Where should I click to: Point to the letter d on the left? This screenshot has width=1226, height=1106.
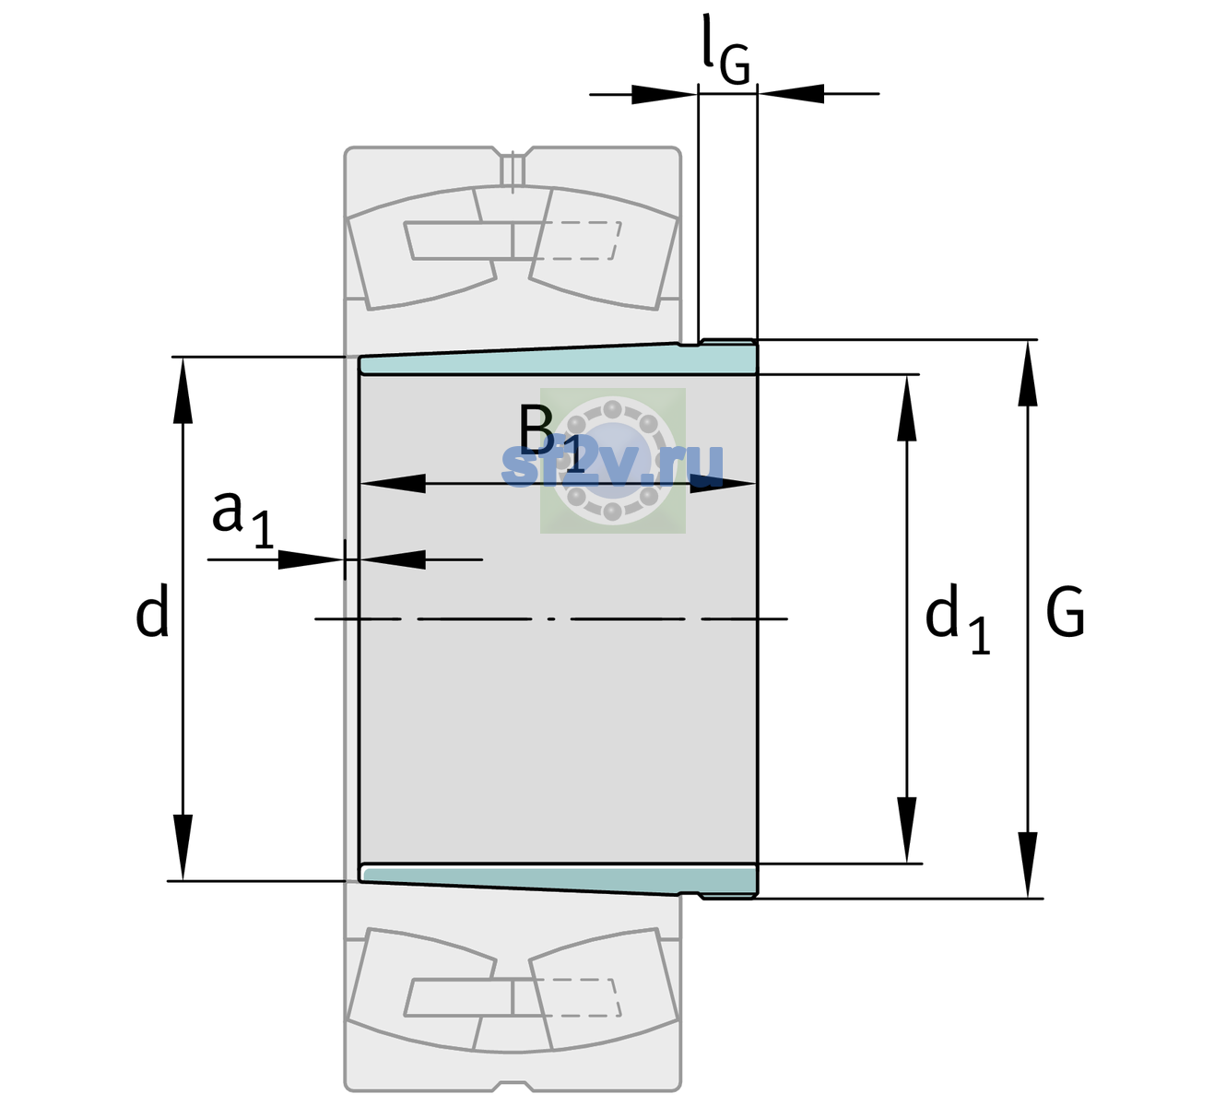pyautogui.click(x=151, y=610)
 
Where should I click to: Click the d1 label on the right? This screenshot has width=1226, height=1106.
pyautogui.click(x=957, y=618)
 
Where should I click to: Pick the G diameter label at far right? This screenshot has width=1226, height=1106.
pyautogui.click(x=1066, y=612)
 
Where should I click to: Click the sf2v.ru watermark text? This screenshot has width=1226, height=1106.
pyautogui.click(x=612, y=465)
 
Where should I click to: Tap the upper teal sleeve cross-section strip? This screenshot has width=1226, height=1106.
pyautogui.click(x=559, y=359)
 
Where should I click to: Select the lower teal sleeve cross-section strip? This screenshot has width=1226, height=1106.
pyautogui.click(x=559, y=880)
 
